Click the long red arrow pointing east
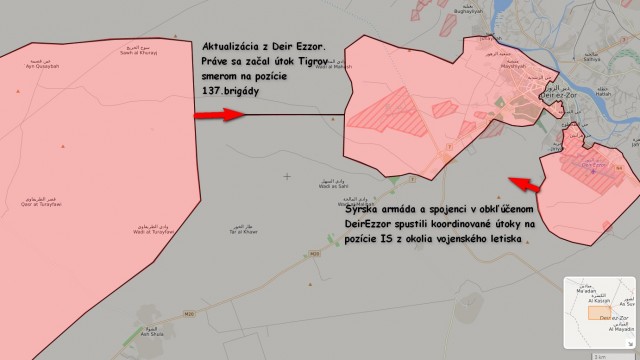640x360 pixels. pyautogui.click(x=218, y=116)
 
